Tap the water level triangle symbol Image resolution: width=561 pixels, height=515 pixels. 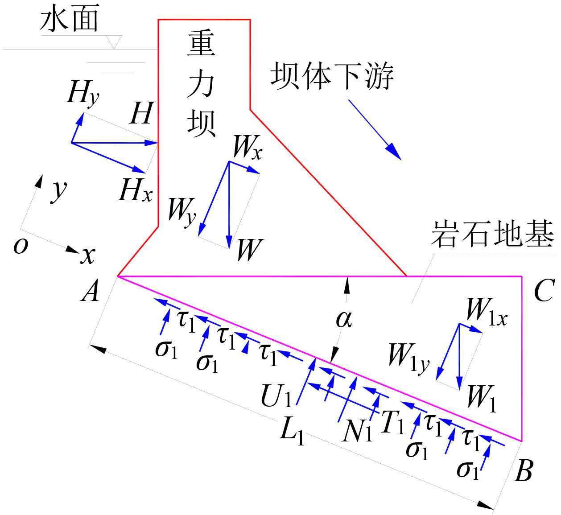point(115,42)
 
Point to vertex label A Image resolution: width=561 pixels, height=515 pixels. point(91,293)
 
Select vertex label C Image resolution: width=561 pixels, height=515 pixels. point(544,291)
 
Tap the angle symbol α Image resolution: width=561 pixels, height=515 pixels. point(344,318)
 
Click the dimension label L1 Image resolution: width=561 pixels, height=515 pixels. point(292,431)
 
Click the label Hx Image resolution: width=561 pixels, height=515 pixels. point(136,190)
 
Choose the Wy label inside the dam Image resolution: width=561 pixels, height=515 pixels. point(182,210)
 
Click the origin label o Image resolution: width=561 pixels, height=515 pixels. point(21,246)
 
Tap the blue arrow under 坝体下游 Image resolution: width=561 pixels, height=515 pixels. point(375,129)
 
